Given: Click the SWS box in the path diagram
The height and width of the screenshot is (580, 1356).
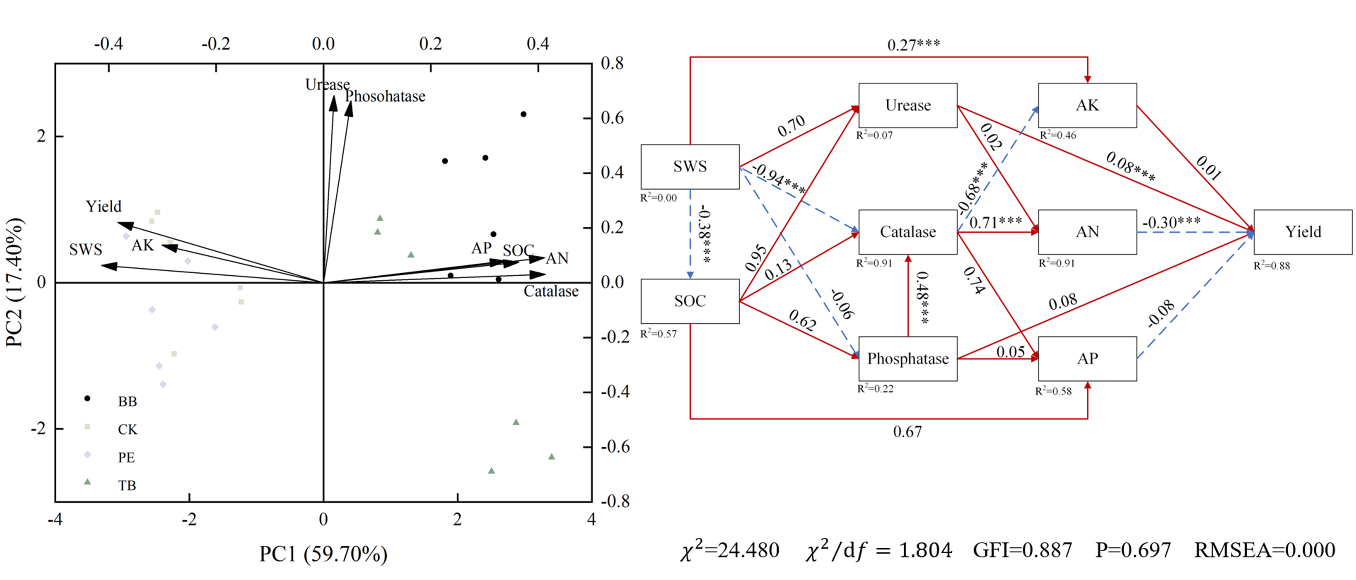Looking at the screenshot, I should [x=690, y=167].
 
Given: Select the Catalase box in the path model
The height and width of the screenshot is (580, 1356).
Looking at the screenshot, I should [x=908, y=232].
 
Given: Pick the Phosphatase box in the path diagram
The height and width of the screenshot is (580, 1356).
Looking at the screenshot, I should [x=908, y=359].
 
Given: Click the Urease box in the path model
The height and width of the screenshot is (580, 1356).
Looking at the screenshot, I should [x=908, y=105].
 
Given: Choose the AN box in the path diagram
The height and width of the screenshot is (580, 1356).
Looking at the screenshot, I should [x=1087, y=232].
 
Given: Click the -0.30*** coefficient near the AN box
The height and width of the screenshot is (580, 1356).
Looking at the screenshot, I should [x=1171, y=223].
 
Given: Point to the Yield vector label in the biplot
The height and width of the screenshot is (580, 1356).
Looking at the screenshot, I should [x=104, y=206].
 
